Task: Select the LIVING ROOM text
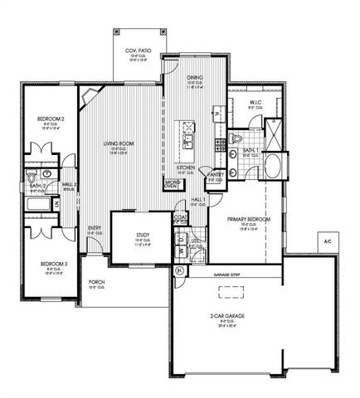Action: coord(119,143)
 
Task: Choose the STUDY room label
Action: coord(142,235)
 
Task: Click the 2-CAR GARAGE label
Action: coord(225,316)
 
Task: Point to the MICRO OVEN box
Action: coord(170,184)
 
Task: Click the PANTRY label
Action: coord(216,175)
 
